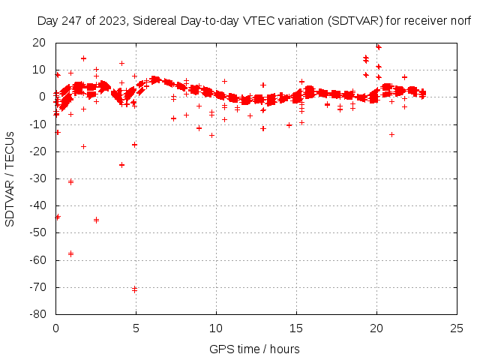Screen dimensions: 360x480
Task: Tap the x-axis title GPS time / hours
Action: coord(254,349)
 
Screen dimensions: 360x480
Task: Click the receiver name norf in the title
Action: coord(460,21)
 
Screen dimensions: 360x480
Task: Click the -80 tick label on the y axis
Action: coord(38,314)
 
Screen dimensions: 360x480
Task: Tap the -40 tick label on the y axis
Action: coord(38,205)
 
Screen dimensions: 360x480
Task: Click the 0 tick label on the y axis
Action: coord(43,97)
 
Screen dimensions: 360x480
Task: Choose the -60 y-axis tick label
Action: coord(38,260)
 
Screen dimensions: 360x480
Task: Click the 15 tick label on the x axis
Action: coord(296,328)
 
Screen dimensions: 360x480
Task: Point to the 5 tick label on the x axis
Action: coord(136,328)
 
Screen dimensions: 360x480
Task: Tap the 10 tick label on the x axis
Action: coord(216,328)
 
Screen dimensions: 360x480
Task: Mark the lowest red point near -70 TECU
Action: coord(134,289)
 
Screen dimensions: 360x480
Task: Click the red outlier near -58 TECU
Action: coord(70,253)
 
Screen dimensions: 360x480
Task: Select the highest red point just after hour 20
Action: coord(378,46)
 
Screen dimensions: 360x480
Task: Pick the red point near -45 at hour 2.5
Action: coord(96,220)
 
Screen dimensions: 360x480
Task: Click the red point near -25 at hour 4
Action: coord(121,165)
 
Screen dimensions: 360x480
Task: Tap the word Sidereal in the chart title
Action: coord(164,21)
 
